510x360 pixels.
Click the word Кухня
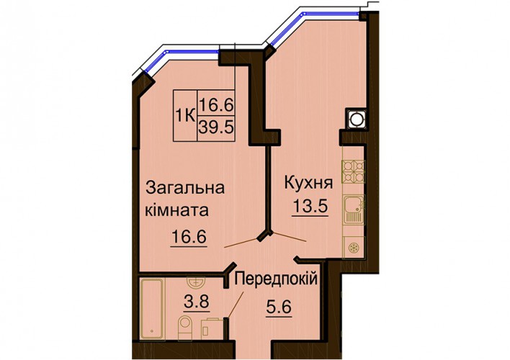click(309, 183)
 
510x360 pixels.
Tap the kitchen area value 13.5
click(309, 205)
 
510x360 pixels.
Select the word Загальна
click(185, 188)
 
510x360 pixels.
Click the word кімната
click(176, 211)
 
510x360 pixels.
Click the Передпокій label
click(276, 279)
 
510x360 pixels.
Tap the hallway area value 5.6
click(279, 307)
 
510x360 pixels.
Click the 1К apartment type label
click(185, 115)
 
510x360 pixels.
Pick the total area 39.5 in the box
click(216, 127)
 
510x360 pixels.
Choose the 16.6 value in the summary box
click(216, 105)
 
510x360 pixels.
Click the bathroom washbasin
click(197, 282)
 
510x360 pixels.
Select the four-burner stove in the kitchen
click(353, 171)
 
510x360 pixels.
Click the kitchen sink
click(354, 210)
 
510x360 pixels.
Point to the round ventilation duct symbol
click(356, 119)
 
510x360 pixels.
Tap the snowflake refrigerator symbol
click(354, 248)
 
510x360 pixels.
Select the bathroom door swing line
click(236, 305)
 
